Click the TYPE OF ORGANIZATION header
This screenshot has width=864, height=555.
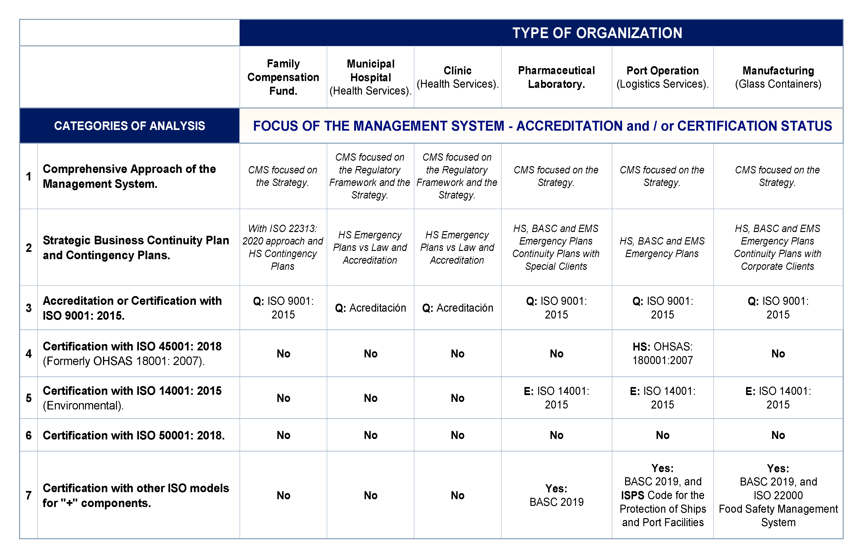597,33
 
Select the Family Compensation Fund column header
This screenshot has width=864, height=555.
283,77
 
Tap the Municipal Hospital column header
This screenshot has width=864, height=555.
370,77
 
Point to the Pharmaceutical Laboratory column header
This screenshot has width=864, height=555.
556,77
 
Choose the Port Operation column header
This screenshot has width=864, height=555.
662,77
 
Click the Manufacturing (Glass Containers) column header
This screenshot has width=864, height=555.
778,77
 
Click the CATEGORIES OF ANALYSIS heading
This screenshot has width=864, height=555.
129,126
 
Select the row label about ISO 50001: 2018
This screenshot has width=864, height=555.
134,435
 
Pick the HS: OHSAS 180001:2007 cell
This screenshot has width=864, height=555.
662,353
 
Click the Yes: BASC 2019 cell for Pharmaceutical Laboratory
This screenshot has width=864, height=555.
556,495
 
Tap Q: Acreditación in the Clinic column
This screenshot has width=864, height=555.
458,308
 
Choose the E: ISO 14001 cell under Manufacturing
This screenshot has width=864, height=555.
778,398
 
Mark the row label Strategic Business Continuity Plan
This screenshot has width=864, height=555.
136,248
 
